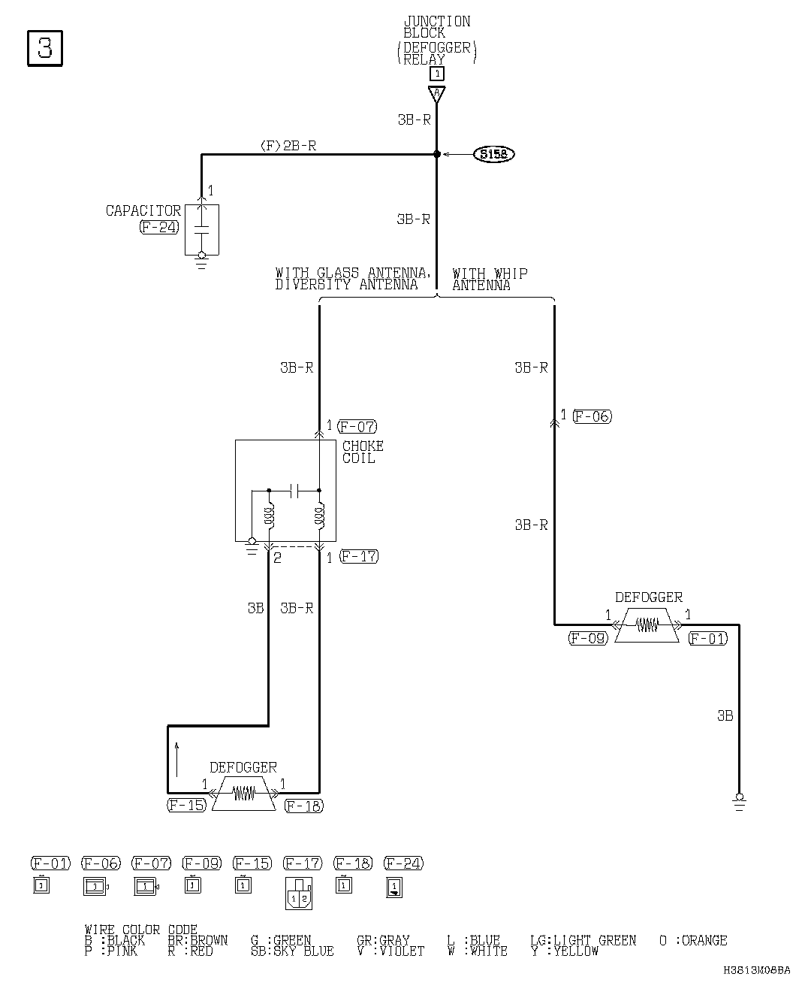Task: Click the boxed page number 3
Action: click(45, 48)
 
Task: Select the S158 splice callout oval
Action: click(493, 155)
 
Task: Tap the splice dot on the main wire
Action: click(436, 154)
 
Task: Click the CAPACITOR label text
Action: click(143, 211)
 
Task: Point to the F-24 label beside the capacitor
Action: click(159, 227)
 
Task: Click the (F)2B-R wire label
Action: click(288, 146)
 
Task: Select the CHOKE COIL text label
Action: click(363, 452)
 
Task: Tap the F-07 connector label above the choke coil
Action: click(357, 427)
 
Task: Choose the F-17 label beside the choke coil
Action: click(359, 557)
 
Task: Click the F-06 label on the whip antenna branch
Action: click(592, 416)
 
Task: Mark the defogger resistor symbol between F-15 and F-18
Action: click(243, 793)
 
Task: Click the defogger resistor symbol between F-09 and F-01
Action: click(647, 625)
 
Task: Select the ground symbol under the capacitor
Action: click(201, 260)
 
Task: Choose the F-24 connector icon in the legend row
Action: click(394, 888)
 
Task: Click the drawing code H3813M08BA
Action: click(757, 970)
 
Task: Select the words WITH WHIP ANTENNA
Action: click(490, 280)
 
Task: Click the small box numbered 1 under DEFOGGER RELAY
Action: click(436, 74)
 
